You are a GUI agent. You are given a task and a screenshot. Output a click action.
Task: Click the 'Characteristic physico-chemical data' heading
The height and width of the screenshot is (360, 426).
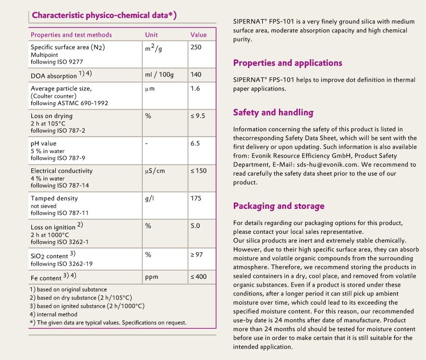[x=104, y=15]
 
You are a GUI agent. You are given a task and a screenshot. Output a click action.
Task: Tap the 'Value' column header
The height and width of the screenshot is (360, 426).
[x=199, y=35]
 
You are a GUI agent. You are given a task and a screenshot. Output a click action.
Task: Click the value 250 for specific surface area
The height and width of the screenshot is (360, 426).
[x=196, y=47]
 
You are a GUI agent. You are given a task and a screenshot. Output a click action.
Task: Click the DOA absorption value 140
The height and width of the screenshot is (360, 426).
[x=196, y=75]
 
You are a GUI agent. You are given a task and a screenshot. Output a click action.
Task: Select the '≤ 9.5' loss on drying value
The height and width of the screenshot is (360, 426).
[x=198, y=116]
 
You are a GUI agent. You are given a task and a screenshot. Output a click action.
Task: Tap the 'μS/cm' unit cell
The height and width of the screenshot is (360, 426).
[x=156, y=171]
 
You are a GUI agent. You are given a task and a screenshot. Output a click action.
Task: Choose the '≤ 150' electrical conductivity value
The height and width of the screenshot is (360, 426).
[x=199, y=171]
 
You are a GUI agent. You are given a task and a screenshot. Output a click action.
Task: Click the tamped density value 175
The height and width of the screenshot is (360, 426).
[x=196, y=198]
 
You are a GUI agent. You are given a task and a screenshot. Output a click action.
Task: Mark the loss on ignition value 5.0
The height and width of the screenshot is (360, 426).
[x=195, y=226]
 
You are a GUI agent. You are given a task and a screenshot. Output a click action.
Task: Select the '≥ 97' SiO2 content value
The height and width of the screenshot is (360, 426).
[x=197, y=255]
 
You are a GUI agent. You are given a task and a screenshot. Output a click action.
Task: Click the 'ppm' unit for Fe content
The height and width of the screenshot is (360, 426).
[x=152, y=277]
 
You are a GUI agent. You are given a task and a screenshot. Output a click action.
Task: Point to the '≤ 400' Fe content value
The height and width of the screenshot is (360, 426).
[x=199, y=277]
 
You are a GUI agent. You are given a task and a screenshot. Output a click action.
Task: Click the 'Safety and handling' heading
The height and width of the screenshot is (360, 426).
[x=273, y=112]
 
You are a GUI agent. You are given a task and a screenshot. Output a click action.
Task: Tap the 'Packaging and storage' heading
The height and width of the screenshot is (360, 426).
[x=279, y=206]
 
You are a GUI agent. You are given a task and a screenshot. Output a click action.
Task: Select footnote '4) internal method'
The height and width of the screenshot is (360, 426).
[x=53, y=314]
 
